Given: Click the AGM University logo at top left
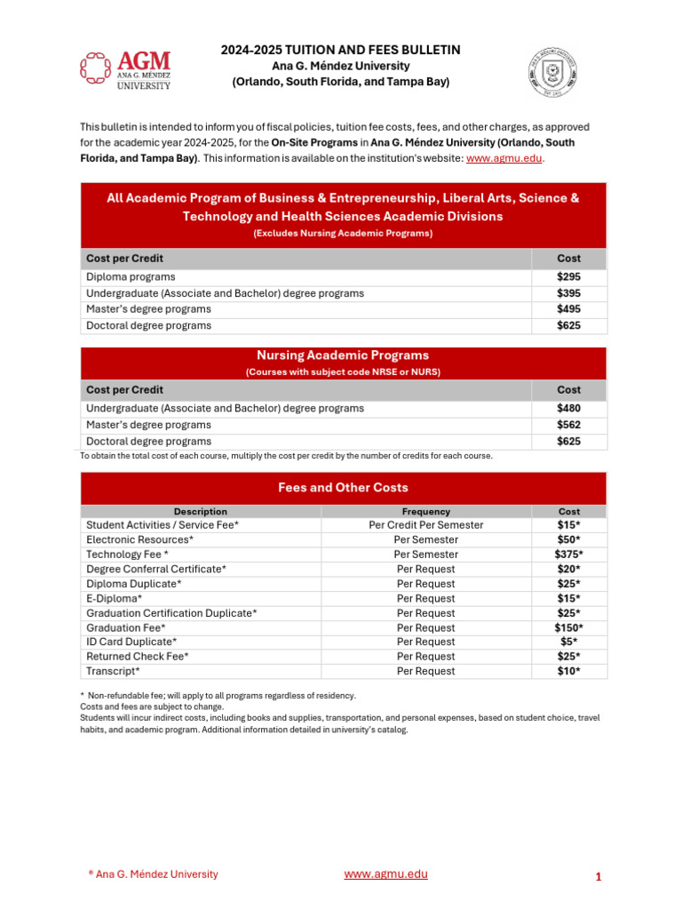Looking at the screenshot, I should (x=125, y=68).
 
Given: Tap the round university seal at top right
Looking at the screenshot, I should (x=553, y=69).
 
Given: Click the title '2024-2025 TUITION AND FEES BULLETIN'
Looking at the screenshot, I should (x=340, y=51).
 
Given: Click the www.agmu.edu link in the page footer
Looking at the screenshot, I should (x=385, y=874).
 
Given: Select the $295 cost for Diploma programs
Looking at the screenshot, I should (x=568, y=277).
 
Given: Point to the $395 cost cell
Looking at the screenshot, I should (x=568, y=293).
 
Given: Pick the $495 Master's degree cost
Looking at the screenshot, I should (x=568, y=309).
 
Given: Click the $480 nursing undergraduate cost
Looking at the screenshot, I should (x=568, y=409).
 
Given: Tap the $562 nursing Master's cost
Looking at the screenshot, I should (x=568, y=425).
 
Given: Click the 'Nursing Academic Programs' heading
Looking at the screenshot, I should (x=343, y=355).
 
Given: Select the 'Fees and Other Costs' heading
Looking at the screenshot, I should (x=343, y=488).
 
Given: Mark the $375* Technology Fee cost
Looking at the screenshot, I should (x=568, y=555).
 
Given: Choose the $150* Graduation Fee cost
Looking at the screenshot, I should (x=568, y=627).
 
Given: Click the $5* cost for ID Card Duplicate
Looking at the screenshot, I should (x=568, y=642).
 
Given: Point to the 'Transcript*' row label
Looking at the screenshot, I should (x=113, y=671).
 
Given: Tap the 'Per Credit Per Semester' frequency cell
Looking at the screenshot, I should (x=426, y=525).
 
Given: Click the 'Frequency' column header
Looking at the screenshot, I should (x=426, y=512).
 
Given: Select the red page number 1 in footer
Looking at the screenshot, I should (x=599, y=877).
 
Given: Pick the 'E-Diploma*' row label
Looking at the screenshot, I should (x=114, y=598).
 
